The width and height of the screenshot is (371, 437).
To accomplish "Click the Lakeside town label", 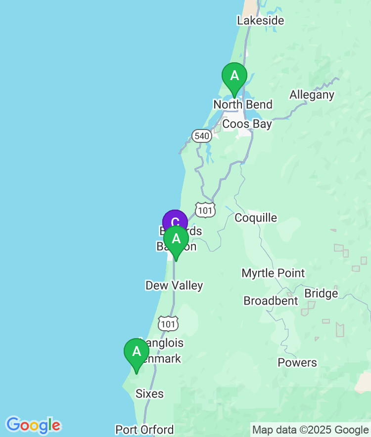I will pyautogui.click(x=260, y=21).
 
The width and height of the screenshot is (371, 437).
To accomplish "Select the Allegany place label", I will pyautogui.click(x=312, y=94).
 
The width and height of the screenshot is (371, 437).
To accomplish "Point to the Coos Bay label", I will pyautogui.click(x=247, y=124).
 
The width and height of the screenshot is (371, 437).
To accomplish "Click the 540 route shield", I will pyautogui.click(x=202, y=136).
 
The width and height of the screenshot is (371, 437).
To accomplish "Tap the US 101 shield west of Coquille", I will pyautogui.click(x=205, y=210).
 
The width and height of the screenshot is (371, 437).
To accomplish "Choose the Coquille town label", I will pyautogui.click(x=256, y=218).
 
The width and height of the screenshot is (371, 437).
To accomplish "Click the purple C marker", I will pyautogui.click(x=175, y=221).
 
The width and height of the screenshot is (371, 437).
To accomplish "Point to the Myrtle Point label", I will pyautogui.click(x=273, y=273).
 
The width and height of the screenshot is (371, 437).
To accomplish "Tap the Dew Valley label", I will pyautogui.click(x=174, y=285).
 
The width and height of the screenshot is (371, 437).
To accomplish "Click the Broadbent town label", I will pyautogui.click(x=271, y=301).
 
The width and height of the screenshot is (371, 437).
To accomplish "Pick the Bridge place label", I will pyautogui.click(x=321, y=293).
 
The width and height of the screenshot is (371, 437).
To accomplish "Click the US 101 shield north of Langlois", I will pyautogui.click(x=169, y=324).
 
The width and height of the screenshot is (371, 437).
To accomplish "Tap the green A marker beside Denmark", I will pyautogui.click(x=137, y=352).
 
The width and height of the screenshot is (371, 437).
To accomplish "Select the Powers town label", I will pyautogui.click(x=297, y=362).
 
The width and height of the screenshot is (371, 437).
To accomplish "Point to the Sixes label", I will pyautogui.click(x=149, y=393).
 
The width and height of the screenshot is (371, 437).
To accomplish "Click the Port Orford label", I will pyautogui.click(x=144, y=430).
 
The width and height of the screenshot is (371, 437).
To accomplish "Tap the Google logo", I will pyautogui.click(x=33, y=425).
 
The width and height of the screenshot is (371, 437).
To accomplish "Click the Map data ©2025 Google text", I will pyautogui.click(x=310, y=430).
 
